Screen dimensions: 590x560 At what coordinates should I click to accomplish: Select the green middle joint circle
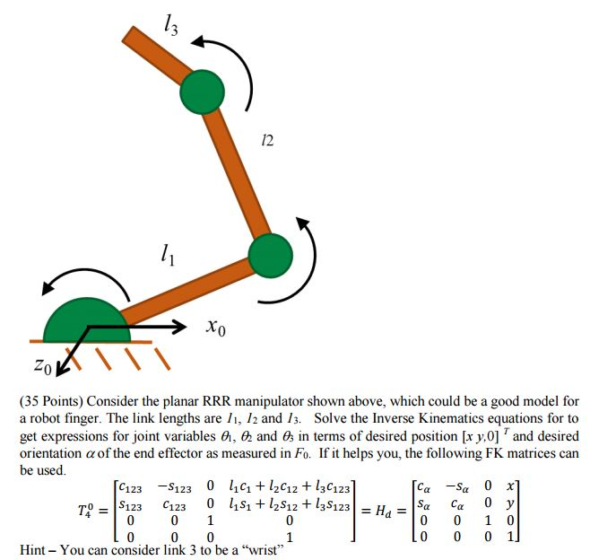click(x=271, y=256)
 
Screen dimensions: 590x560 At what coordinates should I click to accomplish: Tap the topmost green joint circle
click(x=203, y=92)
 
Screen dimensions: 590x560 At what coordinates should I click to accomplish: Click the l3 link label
click(x=171, y=25)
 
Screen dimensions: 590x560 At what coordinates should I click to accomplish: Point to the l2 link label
click(x=267, y=141)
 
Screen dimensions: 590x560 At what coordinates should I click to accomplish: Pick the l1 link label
click(x=168, y=255)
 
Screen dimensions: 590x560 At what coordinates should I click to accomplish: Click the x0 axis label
click(x=215, y=327)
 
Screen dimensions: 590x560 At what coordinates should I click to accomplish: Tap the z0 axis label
click(x=42, y=365)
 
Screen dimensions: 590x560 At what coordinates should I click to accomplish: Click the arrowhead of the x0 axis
click(x=179, y=327)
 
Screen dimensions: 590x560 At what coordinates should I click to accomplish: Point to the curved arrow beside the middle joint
click(x=313, y=260)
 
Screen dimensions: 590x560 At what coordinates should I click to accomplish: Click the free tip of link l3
click(x=127, y=33)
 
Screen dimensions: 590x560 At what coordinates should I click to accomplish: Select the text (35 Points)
click(x=51, y=402)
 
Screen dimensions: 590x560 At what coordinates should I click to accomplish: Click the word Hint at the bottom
click(x=33, y=550)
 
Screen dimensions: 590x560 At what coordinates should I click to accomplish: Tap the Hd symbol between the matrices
click(x=384, y=512)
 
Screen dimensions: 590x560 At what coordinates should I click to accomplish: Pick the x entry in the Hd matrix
click(x=510, y=486)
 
